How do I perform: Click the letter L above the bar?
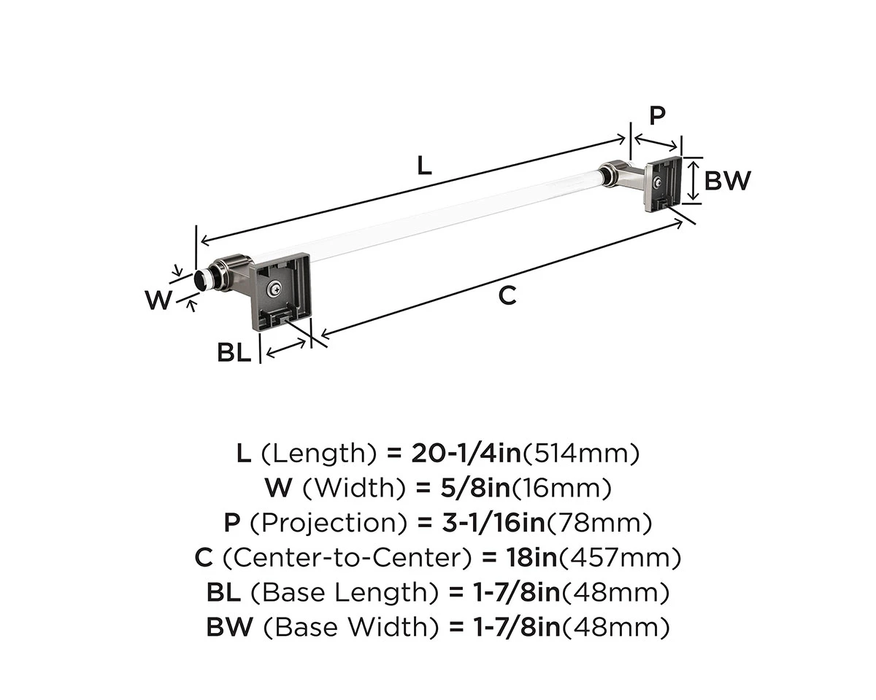(x=424, y=166)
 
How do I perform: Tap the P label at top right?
(x=657, y=115)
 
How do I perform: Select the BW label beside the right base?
(x=726, y=180)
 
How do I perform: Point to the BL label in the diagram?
(x=234, y=353)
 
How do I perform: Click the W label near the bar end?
(x=158, y=299)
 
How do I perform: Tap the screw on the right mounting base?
(x=659, y=182)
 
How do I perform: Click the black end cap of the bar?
(x=199, y=280)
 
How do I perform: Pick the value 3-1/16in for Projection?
(x=482, y=523)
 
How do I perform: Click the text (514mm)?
(x=581, y=454)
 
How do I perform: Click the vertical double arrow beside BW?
(x=693, y=180)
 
